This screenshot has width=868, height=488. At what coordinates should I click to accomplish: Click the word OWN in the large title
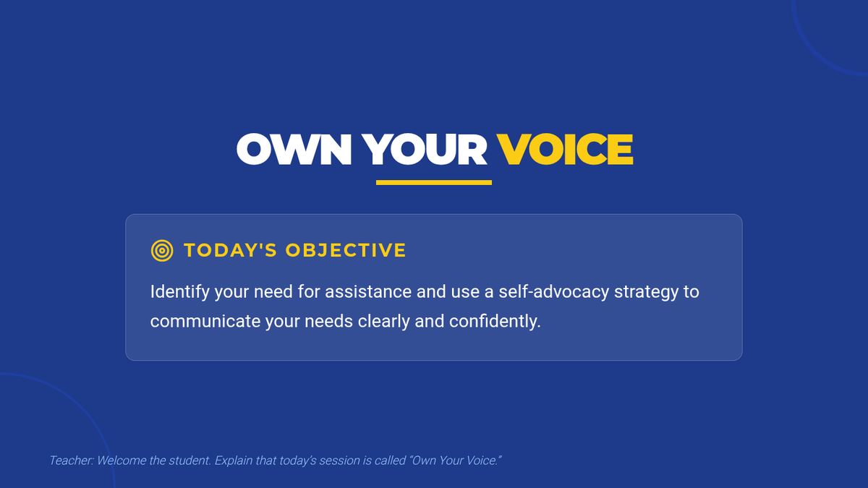tap(294, 150)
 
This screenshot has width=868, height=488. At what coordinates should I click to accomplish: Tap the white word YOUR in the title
tap(425, 150)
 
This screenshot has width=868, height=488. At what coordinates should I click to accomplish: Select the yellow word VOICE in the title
tap(565, 150)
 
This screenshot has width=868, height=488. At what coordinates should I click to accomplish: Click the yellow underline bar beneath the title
tap(434, 182)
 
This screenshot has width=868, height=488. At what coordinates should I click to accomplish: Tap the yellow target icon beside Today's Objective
tap(162, 251)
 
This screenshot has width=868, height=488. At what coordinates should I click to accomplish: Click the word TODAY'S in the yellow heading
tap(230, 250)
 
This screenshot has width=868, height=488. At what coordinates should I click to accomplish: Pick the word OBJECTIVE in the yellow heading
tap(346, 250)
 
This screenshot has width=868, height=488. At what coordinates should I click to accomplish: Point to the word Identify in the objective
tap(180, 291)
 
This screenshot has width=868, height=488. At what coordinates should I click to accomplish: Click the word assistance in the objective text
tap(368, 291)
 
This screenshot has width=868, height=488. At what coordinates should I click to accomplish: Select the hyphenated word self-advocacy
tap(554, 291)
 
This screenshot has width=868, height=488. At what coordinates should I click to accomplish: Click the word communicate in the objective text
tap(205, 322)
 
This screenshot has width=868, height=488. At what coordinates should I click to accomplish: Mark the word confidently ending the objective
tap(495, 322)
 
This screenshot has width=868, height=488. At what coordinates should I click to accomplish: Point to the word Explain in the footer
tap(234, 461)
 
